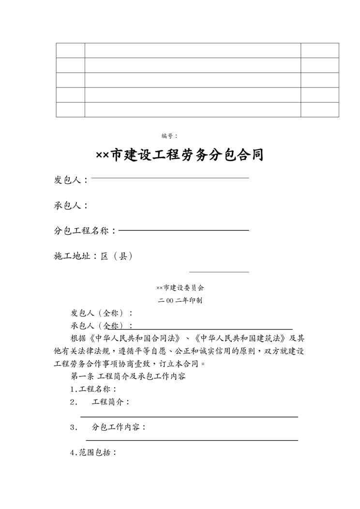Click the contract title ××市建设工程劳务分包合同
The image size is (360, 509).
point(180,155)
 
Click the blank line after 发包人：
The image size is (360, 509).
point(170,178)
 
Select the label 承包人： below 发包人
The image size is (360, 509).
point(71,206)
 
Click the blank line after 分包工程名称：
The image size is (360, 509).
point(183,230)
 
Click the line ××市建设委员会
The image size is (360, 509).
point(180,287)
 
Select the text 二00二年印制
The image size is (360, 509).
point(180,300)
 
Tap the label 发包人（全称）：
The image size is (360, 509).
point(102,313)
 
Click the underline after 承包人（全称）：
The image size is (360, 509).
point(213,329)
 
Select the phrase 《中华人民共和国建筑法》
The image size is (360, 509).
point(242,338)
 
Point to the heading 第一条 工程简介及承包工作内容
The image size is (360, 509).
point(128,376)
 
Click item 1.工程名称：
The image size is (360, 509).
point(93,389)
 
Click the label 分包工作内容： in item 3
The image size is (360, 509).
point(119,427)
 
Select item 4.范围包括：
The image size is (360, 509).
point(93,453)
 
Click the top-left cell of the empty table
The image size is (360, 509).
point(71,50)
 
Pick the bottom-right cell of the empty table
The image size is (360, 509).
point(320,110)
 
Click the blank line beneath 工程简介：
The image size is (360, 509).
point(189,416)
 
